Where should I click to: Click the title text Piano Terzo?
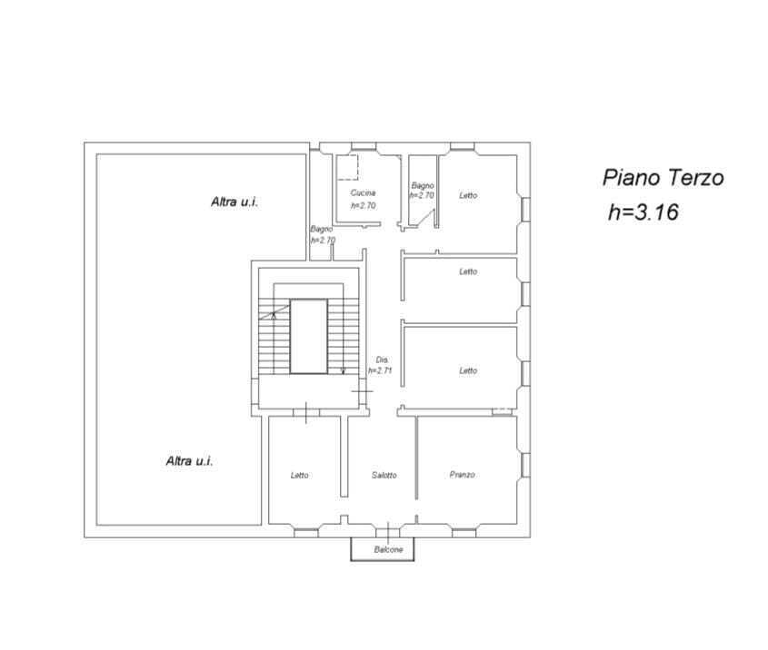point(663,178)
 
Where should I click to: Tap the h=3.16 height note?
point(643,212)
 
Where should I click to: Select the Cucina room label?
point(363,192)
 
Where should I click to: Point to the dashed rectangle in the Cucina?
point(348,167)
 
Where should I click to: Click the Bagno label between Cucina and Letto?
point(423,185)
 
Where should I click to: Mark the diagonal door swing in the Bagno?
point(425,218)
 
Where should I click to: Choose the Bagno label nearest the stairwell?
point(322,229)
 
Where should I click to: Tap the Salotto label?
point(384,475)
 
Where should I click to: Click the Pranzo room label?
point(463,475)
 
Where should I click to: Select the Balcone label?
point(388,549)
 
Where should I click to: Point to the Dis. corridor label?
point(382,359)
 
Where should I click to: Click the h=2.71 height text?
point(380,370)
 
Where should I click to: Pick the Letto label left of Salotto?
point(300,475)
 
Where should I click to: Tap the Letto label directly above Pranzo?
point(468,370)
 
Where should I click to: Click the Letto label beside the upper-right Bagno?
point(468,195)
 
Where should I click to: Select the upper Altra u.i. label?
point(234,202)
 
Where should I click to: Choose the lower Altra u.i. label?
point(190,461)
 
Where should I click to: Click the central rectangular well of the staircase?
point(309,337)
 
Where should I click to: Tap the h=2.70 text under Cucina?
point(364,205)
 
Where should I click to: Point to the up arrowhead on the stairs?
point(274,315)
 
